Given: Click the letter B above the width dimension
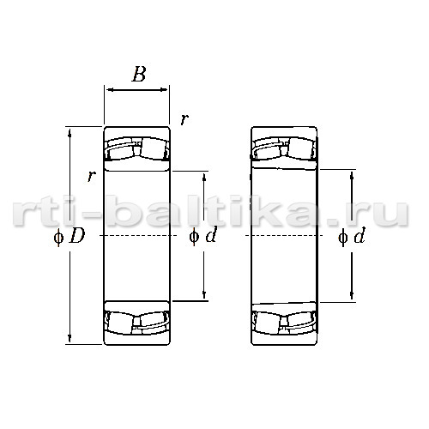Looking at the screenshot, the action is pos(139,74).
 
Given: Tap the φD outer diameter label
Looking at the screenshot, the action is pos(69,237).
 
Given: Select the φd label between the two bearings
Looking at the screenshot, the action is pos(203,236).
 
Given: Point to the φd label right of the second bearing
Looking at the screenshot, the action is pos(352,237).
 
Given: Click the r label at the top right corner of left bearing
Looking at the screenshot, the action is pos(184,119).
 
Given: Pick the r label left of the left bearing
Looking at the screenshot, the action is pos(91,176).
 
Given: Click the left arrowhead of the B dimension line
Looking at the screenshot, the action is pos(110,90).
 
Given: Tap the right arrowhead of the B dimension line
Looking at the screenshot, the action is pos(164,90).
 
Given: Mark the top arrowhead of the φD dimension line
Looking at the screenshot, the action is pos(69,133).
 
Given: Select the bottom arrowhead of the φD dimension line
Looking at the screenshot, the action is pos(69,338).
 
